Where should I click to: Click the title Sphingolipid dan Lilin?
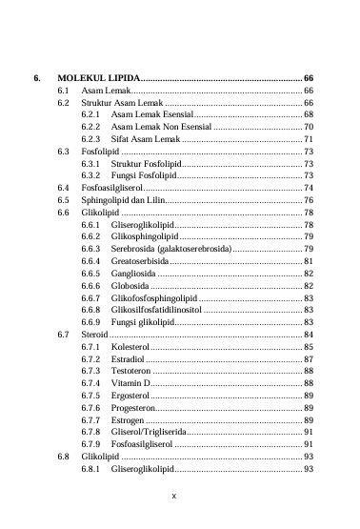click(121, 201)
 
